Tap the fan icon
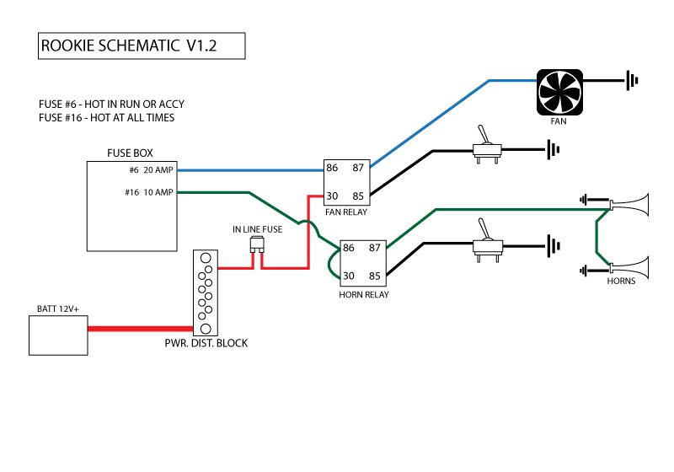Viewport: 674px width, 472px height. click(559, 91)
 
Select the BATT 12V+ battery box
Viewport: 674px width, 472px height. click(58, 334)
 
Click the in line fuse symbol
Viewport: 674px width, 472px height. click(256, 246)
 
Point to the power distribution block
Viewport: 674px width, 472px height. click(205, 292)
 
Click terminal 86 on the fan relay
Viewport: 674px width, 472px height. click(332, 169)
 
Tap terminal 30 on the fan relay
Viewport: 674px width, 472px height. click(332, 197)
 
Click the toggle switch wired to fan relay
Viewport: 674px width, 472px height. click(485, 148)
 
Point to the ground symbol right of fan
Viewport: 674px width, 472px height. click(632, 81)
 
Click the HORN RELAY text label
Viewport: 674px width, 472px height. click(363, 294)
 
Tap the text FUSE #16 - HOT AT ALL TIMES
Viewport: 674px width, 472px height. click(106, 118)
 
